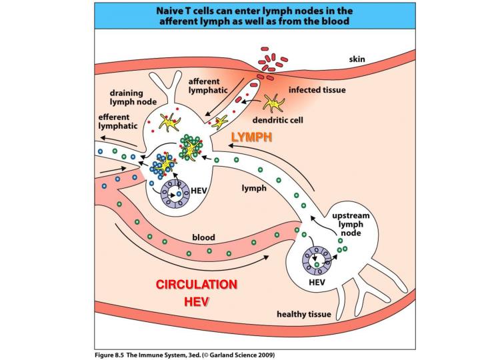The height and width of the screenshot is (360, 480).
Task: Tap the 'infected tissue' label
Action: tap(317, 90)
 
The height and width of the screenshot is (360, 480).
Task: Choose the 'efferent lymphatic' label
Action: tap(118, 121)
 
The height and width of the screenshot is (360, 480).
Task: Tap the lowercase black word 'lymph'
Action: tap(254, 188)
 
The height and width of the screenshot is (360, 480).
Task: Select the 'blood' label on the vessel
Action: tap(203, 237)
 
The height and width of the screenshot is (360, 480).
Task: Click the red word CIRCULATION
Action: tap(197, 285)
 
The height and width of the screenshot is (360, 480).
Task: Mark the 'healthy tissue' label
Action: tap(304, 313)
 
